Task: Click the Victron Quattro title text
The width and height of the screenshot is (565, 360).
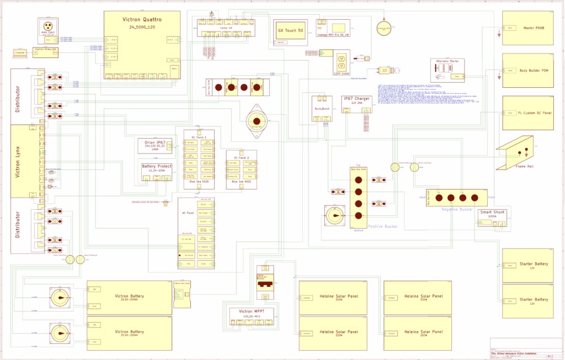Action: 142,19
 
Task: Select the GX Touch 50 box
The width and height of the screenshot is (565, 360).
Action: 290,33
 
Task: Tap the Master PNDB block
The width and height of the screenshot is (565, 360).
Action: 527,28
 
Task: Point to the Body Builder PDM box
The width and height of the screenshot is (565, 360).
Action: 527,70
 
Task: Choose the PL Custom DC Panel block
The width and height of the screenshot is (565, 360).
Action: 527,113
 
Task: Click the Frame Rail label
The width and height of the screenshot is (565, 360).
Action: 525,166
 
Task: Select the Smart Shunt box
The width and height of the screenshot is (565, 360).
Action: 493,216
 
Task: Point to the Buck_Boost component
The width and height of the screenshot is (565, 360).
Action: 322,108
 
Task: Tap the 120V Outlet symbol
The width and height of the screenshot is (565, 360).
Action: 341,61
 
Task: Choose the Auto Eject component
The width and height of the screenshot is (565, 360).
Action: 48,28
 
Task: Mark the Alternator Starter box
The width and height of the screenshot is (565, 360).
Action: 448,70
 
